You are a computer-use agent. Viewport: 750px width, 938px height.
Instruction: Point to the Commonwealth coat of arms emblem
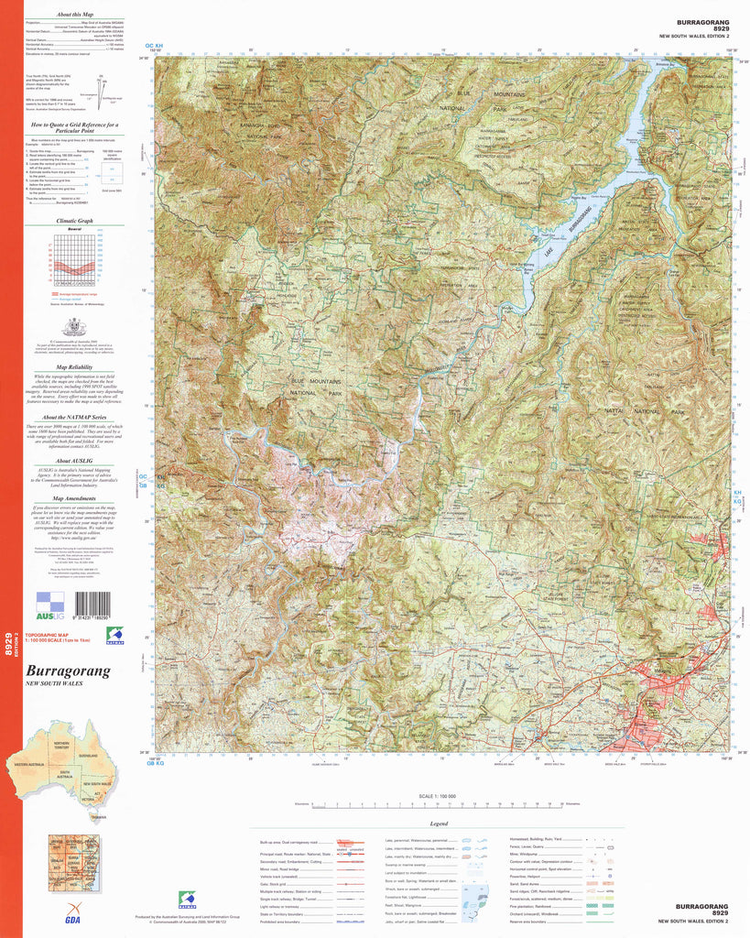[x=73, y=327]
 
